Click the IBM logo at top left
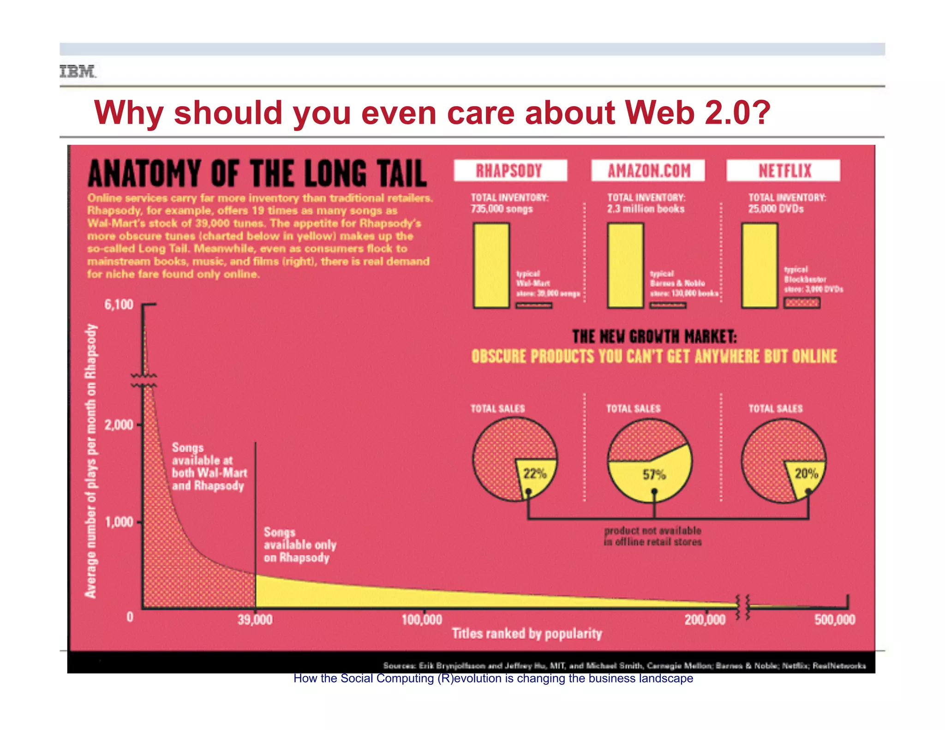click(78, 72)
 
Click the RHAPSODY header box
click(510, 171)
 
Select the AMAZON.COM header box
click(648, 171)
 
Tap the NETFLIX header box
click(784, 171)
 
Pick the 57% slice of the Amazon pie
click(653, 478)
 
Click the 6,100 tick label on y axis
click(119, 305)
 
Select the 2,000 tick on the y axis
click(119, 425)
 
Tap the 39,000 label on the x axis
click(255, 620)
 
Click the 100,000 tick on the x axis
click(422, 620)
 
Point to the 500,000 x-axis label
click(835, 620)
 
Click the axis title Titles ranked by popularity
click(526, 634)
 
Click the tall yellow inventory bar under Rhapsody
click(491, 265)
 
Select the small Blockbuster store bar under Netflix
click(802, 303)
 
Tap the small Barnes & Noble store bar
click(668, 305)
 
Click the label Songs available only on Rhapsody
click(299, 545)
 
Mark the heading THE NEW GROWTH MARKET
click(654, 337)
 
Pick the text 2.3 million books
click(646, 209)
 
